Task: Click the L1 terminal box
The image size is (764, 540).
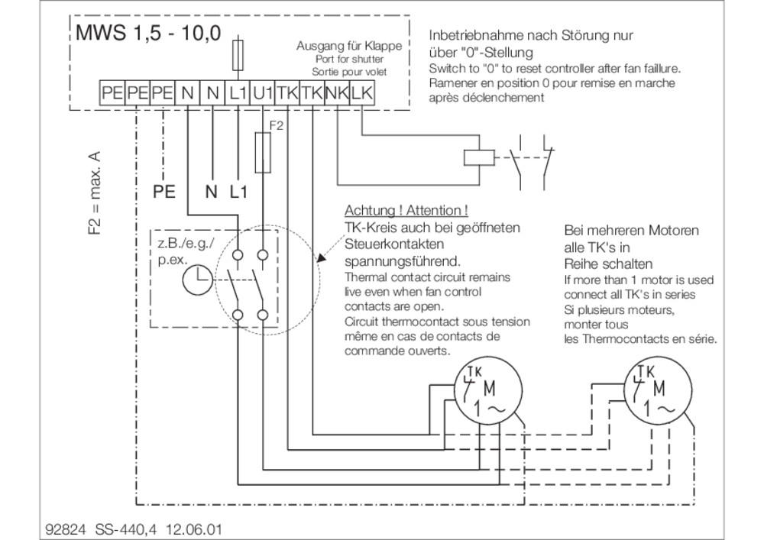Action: (238, 92)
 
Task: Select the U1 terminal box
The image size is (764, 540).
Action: (263, 92)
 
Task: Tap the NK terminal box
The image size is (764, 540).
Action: (337, 92)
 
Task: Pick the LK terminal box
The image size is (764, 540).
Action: (362, 92)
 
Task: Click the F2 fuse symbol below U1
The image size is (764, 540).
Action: (263, 152)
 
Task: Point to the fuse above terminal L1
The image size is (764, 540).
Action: (238, 57)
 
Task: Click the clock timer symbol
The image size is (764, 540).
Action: (197, 280)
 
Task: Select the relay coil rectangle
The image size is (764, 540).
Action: (478, 158)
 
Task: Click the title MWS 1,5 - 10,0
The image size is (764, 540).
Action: (149, 33)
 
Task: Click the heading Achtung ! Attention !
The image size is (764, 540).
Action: (406, 210)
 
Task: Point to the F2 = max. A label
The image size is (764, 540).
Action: (95, 192)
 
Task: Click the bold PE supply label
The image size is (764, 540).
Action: (164, 192)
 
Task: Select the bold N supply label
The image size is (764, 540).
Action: (211, 192)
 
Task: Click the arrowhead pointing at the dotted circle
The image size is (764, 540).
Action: (321, 258)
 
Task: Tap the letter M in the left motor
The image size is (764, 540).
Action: (489, 389)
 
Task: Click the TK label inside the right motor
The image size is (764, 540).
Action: (646, 371)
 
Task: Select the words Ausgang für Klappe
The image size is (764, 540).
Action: (349, 46)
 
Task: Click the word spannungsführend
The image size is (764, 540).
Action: (403, 261)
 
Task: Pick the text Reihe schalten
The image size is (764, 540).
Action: (608, 264)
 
